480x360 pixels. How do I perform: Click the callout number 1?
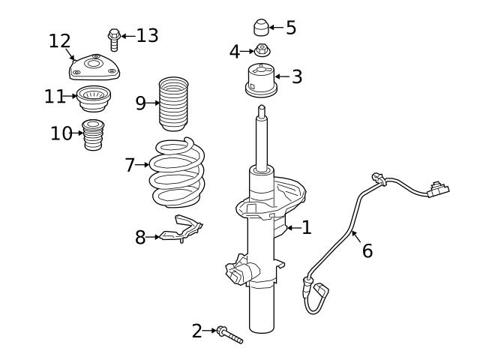[x=306, y=227]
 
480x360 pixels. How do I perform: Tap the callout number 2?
[x=197, y=330]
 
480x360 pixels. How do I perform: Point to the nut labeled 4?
[x=262, y=51]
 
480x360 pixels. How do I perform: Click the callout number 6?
[x=367, y=250]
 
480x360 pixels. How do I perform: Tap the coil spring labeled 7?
[x=176, y=172]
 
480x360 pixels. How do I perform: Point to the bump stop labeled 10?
[x=93, y=135]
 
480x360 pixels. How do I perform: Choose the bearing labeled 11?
[x=93, y=98]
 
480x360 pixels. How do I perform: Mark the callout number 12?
[x=59, y=40]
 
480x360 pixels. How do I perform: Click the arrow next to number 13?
[x=127, y=35]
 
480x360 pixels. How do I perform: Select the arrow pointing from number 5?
[x=275, y=28]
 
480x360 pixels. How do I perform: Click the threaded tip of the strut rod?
[x=261, y=111]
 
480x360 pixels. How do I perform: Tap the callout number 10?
[x=61, y=133]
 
